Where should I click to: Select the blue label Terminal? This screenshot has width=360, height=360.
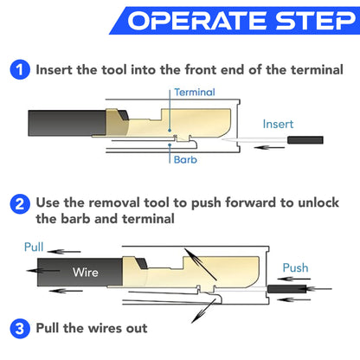(x=194, y=91)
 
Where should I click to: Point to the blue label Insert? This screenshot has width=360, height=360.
(x=279, y=124)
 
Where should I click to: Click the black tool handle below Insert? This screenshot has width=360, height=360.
(x=305, y=139)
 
